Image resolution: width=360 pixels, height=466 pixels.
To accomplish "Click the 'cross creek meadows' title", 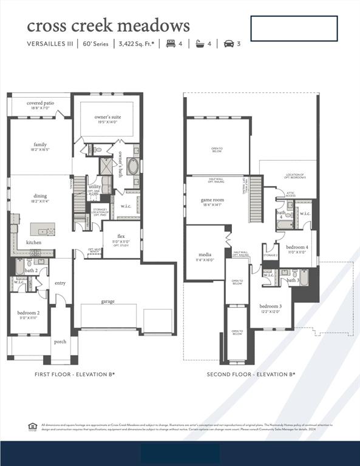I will coord(108,25).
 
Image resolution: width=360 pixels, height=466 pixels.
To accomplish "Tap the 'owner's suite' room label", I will coord(107,116).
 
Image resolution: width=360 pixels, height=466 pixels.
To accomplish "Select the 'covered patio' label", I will coord(40,103).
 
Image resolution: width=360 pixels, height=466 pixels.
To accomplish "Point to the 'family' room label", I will coord(40,145).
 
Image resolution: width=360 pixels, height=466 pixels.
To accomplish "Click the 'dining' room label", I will coord(40,196).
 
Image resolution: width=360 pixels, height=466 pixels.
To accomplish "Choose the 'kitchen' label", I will coord(34,243).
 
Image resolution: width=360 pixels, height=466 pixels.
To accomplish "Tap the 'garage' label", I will coord(108,302).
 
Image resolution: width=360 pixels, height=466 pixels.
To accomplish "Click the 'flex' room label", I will coord(121,236).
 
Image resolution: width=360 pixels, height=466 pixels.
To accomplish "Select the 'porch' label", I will coord(60,342).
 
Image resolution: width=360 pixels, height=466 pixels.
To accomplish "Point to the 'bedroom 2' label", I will coord(29,313).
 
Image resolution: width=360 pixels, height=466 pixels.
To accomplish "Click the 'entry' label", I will coord(60,283).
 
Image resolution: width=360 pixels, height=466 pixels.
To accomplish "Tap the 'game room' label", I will coord(212,200).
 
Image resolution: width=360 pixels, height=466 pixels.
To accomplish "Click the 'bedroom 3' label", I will coord(271,306).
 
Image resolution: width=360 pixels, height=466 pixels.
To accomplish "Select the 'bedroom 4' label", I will coord(297,248).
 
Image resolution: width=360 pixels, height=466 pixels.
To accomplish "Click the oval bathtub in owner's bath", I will coord(133,166).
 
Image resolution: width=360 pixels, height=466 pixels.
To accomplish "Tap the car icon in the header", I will coord(229,44).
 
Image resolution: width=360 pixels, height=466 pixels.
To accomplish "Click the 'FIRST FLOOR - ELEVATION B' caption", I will coord(75,374).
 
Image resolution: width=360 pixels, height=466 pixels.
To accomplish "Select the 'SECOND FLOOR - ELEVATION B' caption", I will coord(251,374).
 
